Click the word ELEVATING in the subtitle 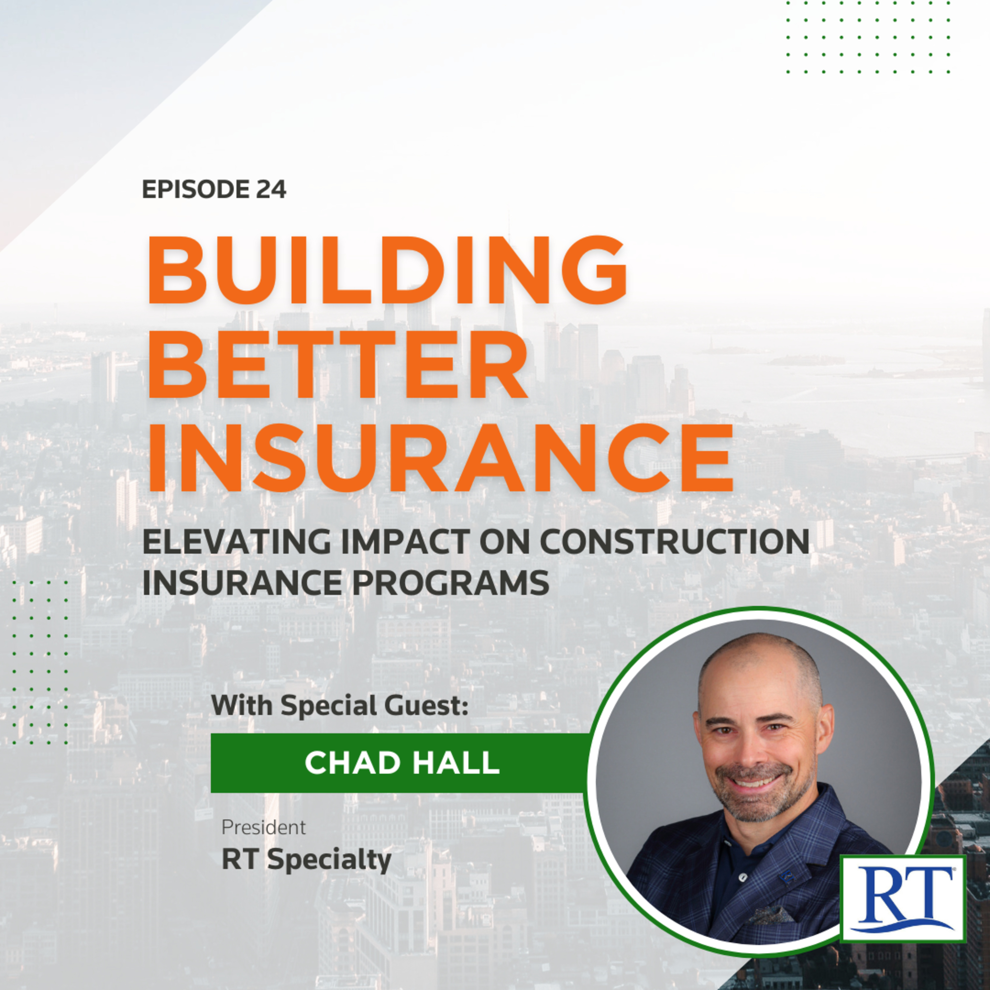pyautogui.click(x=236, y=541)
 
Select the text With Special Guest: pyautogui.click(x=340, y=705)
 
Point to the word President pyautogui.click(x=263, y=827)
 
